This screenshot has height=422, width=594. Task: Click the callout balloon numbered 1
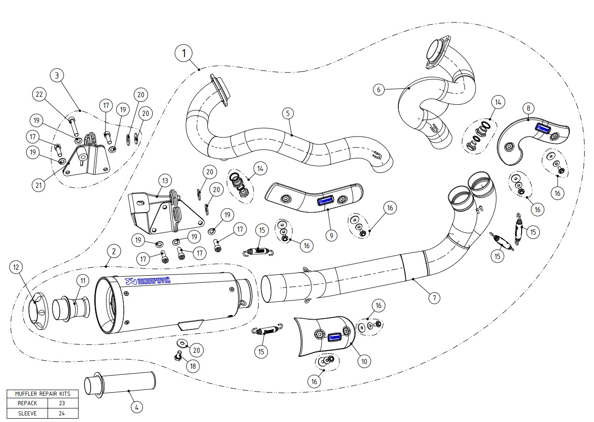[x=184, y=53]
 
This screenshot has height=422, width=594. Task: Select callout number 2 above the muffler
[x=113, y=251]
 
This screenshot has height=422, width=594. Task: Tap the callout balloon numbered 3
[x=57, y=75]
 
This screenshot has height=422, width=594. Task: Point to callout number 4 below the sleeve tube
[x=136, y=407]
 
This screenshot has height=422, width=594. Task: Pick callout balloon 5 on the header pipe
[x=288, y=113]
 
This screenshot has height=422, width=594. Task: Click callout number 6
[x=379, y=89]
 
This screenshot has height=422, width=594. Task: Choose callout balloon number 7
[x=434, y=297]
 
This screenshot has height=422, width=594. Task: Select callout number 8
[x=528, y=108]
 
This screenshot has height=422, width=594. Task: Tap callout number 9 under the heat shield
[x=331, y=235]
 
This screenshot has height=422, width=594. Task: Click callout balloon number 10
[x=364, y=361]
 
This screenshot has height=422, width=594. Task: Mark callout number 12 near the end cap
[x=16, y=267]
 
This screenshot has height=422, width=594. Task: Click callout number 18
[x=192, y=366]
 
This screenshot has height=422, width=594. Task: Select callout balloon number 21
[x=39, y=185]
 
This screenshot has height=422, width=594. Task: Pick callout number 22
[x=39, y=94]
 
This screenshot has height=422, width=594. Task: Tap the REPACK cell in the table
[x=24, y=403]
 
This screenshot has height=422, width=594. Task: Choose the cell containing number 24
[x=62, y=413]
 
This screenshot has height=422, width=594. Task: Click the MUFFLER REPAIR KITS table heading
[x=42, y=393]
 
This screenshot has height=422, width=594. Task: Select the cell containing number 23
[x=62, y=403]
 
